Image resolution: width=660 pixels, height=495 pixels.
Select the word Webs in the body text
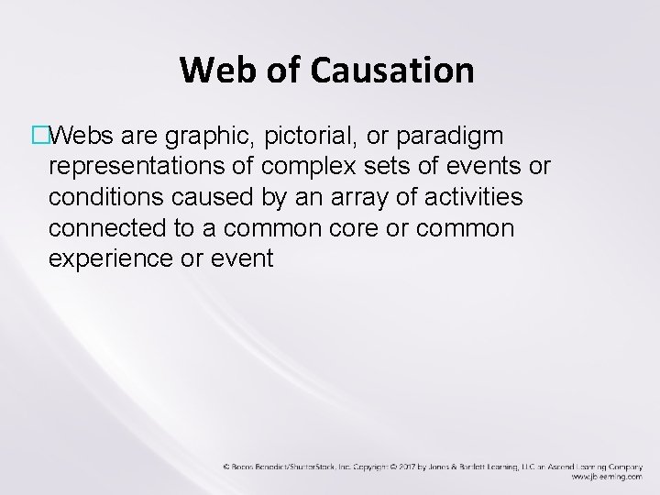80,137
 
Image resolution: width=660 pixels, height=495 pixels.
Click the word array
347,197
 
